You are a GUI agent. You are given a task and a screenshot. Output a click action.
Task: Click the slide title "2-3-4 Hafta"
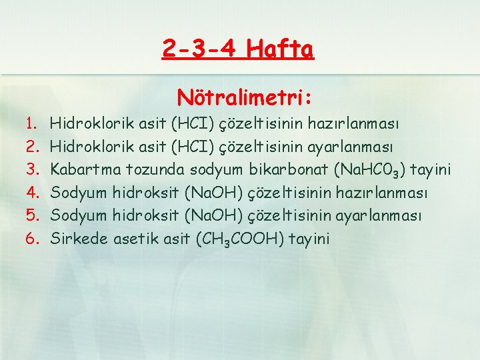237,49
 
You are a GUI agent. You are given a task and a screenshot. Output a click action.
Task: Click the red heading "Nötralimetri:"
245,98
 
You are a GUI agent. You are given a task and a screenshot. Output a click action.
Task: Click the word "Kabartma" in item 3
81,169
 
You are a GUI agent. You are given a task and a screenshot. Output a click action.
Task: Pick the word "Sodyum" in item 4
78,193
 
